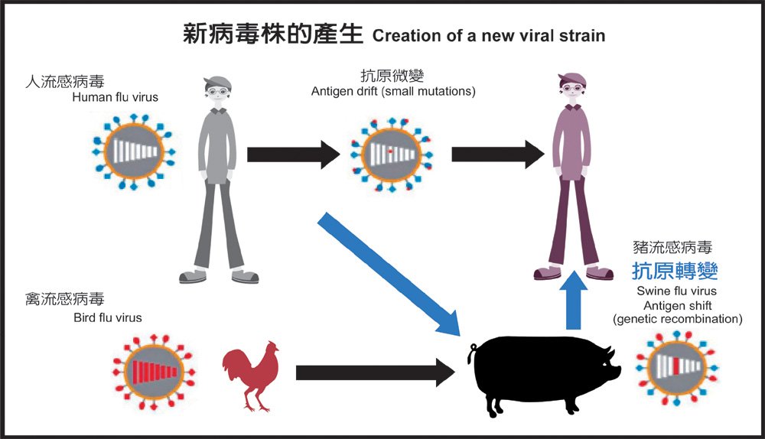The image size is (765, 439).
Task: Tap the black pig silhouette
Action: coord(543,374)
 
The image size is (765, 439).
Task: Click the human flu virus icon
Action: coord(131,153)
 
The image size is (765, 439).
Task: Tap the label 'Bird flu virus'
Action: coord(107,317)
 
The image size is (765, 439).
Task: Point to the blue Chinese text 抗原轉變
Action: coord(675,272)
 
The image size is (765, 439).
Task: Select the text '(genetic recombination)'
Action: coord(677,319)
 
